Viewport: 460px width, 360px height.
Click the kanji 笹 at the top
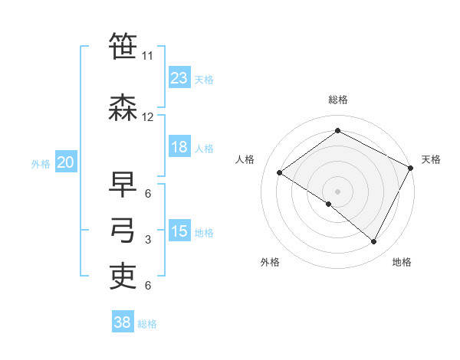pos(123,47)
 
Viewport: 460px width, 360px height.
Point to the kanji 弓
pos(123,231)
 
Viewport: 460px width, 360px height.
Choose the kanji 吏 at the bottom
pos(123,277)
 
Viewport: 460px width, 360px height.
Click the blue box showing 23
pos(179,78)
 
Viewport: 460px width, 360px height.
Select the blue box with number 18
pos(179,148)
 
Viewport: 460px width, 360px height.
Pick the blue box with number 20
pos(66,162)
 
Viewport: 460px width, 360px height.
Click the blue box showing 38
pos(123,322)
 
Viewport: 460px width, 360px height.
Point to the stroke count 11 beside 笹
pos(148,56)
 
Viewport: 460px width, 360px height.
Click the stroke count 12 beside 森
pos(148,117)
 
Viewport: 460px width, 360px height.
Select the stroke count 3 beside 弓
pos(148,240)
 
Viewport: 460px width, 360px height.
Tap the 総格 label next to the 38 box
pos(147,324)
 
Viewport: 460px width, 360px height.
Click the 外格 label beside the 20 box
pos(41,163)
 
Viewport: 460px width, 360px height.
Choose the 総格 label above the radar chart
pos(338,100)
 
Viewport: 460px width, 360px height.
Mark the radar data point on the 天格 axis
pos(411,168)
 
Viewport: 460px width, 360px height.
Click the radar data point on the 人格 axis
pos(280,173)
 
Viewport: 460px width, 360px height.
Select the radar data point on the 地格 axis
pos(374,242)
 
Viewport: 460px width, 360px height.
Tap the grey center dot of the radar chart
pos(337,191)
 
